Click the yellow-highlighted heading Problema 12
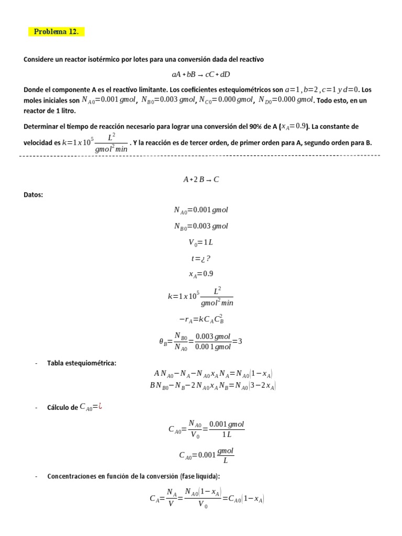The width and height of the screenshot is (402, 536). (x=56, y=32)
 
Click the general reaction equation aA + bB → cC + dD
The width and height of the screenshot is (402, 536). (x=200, y=74)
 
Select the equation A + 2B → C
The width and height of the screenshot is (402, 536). (x=201, y=179)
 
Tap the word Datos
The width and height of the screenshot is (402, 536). (x=33, y=195)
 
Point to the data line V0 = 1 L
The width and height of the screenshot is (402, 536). (x=201, y=242)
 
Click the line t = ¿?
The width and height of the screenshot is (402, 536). (x=201, y=258)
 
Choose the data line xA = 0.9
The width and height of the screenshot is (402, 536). (x=201, y=274)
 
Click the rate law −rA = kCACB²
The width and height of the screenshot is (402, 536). (x=201, y=319)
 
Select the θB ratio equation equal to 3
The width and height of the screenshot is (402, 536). (x=201, y=341)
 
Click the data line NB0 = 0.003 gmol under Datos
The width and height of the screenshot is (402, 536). (x=201, y=226)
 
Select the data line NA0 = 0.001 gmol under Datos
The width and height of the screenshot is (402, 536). (x=201, y=210)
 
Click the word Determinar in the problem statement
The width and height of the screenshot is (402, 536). (x=43, y=127)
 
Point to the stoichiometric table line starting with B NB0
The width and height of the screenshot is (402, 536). (x=213, y=386)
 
